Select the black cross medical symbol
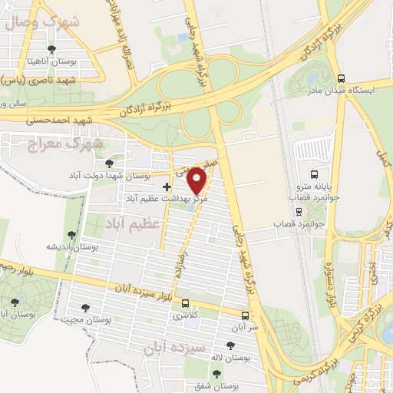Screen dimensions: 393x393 tap(167, 187)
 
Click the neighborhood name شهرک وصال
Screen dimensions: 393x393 tap(41, 21)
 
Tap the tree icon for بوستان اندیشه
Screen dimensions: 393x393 tap(72, 235)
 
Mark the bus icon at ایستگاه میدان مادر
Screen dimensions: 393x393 tap(341, 78)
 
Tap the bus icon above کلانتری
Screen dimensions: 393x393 tap(184, 304)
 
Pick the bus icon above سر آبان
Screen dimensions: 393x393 tap(245, 315)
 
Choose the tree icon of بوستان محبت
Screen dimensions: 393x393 tap(85, 308)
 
